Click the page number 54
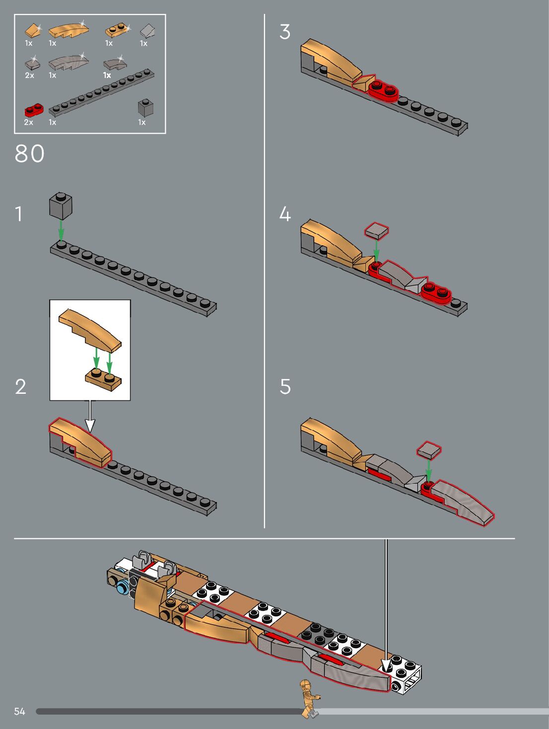[19, 711]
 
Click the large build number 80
[29, 153]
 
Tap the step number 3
[285, 32]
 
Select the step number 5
[285, 386]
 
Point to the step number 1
[19, 214]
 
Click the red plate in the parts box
[34, 111]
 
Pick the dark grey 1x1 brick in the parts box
[145, 108]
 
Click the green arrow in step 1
[61, 229]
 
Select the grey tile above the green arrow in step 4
[376, 231]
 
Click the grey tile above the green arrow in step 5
[429, 450]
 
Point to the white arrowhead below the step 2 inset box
[90, 425]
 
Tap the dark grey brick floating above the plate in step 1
[61, 206]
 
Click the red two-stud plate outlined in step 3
[383, 90]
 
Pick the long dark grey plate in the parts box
[101, 93]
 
